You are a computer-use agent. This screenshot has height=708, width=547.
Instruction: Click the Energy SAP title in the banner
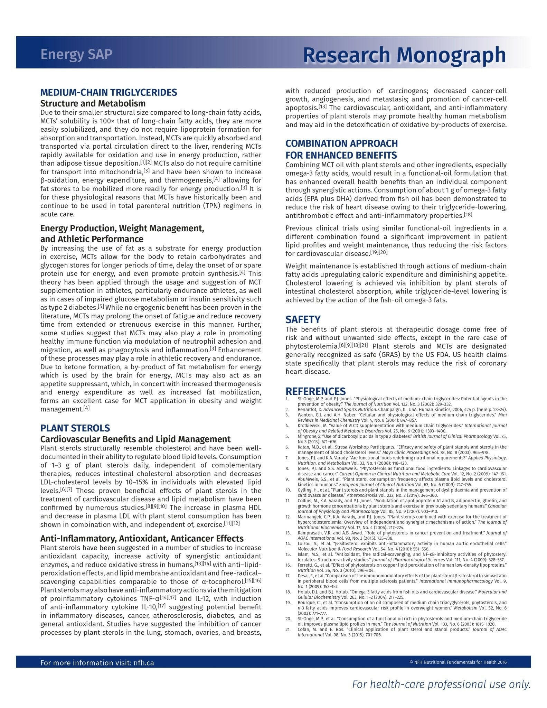point(76,55)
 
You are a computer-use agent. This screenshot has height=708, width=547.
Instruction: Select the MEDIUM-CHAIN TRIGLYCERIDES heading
point(109,92)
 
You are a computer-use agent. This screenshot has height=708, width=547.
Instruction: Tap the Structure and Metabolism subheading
point(93,103)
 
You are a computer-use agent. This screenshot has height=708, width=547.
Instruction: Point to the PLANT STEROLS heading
point(75,428)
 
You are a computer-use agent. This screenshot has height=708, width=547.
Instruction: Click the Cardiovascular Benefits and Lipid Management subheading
point(135,439)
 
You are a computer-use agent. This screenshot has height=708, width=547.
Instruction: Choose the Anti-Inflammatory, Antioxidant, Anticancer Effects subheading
point(142,538)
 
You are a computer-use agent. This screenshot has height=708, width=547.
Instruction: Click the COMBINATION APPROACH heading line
point(341,143)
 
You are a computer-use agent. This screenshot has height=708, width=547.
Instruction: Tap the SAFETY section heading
point(303,319)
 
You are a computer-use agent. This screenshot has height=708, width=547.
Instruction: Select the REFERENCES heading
point(315,391)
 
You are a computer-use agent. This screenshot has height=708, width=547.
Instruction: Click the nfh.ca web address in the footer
point(143,663)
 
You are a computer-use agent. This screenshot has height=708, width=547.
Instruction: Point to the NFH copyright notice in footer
point(458,662)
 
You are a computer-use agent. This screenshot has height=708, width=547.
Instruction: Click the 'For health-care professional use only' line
point(441,684)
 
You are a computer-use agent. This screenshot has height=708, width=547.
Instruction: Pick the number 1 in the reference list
point(287,399)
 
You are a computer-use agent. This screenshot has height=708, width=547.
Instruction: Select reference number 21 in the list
point(288,629)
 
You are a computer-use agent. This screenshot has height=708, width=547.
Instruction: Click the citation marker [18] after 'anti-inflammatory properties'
point(468,215)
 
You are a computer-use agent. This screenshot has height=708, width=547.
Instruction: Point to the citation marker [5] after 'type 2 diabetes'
point(101,306)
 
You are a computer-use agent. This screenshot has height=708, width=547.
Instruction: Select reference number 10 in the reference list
point(288,490)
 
